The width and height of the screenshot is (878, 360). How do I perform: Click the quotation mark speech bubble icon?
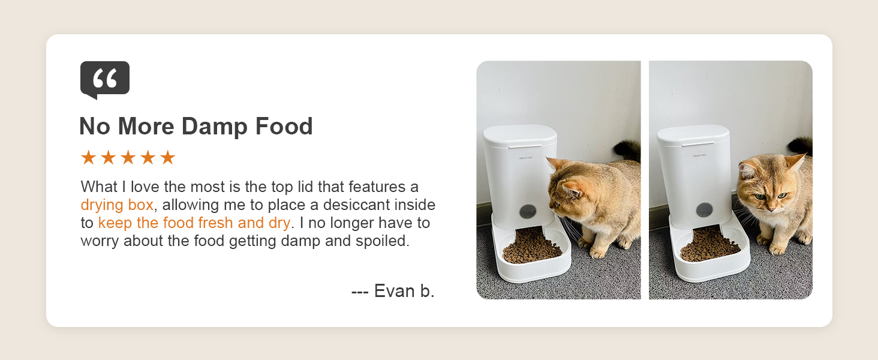point(105,78)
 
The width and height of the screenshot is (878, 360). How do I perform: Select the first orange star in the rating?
point(88,158)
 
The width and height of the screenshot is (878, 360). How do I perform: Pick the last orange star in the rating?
point(167,158)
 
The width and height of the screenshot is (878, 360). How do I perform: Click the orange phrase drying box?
point(117,205)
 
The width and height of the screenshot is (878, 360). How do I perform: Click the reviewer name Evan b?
point(404,291)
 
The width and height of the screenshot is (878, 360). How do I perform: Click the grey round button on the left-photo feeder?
point(528,211)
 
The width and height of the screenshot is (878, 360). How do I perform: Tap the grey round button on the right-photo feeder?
point(704,210)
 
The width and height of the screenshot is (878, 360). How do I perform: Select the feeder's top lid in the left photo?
point(519,136)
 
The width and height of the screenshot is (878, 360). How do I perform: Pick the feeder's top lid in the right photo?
point(693,134)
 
